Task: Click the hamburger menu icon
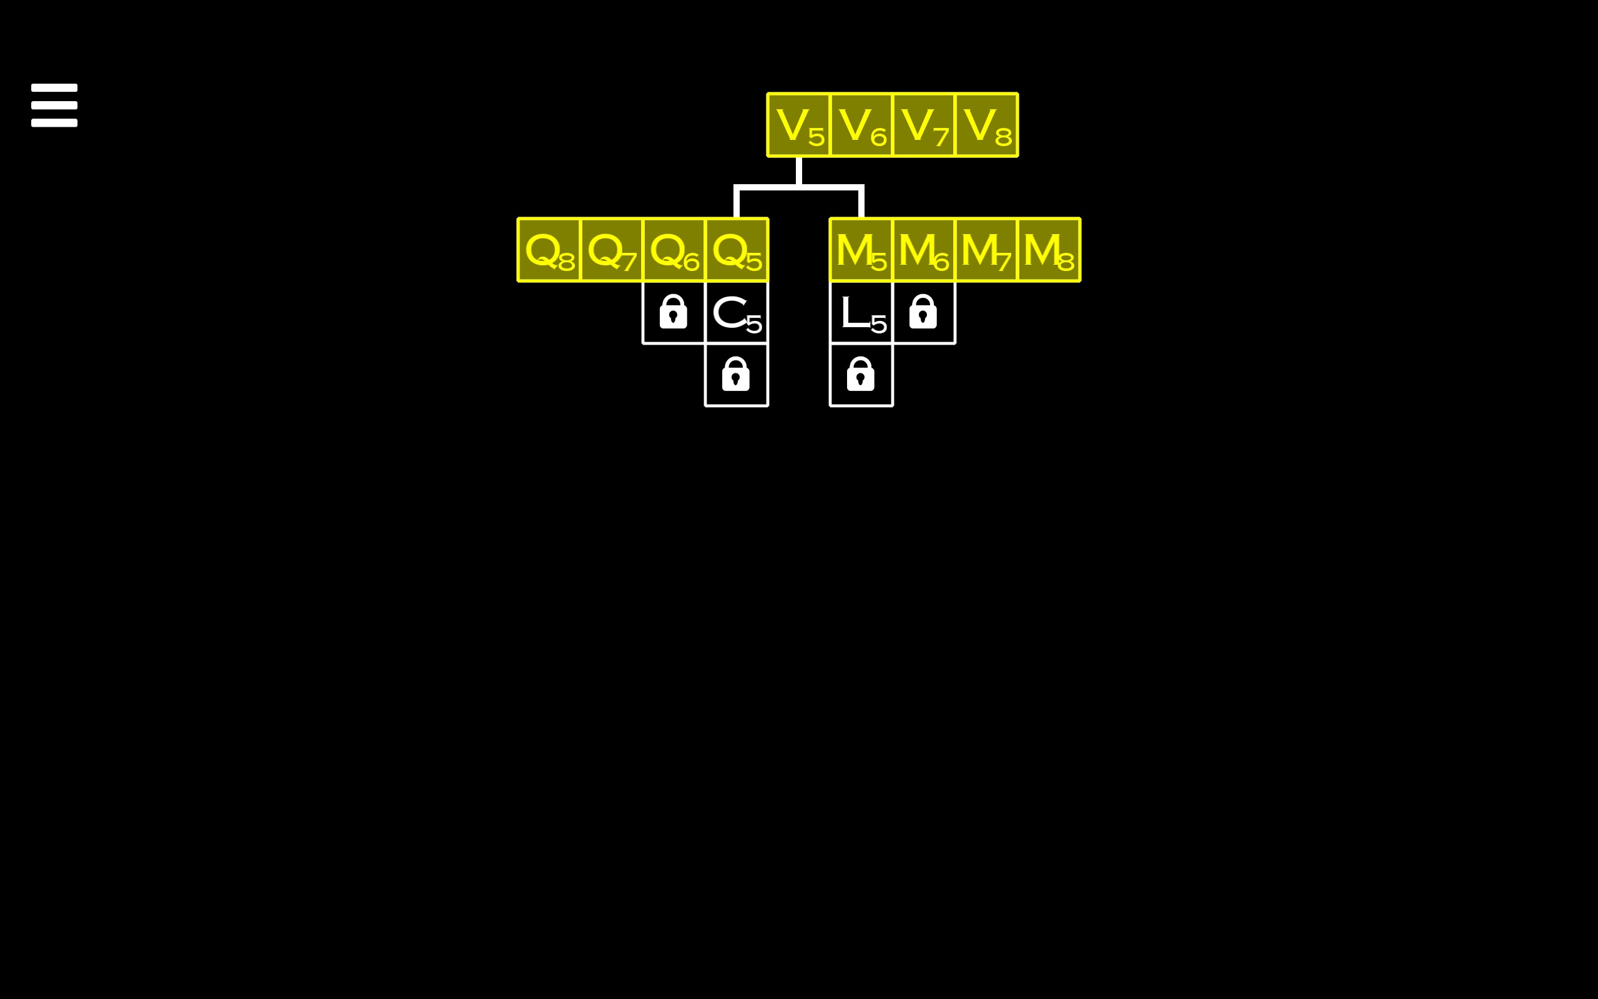coord(54,105)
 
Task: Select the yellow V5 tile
coord(798,125)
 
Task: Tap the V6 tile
coord(861,125)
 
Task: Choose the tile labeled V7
coord(923,125)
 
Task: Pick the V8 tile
coord(986,125)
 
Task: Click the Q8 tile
coord(549,250)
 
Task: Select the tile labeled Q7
coord(612,250)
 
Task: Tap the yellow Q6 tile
coord(674,250)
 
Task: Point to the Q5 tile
coord(737,250)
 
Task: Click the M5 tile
coord(861,250)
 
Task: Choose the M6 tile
coord(923,250)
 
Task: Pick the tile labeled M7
coord(986,250)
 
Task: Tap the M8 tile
coord(1049,250)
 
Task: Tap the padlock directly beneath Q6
coord(674,312)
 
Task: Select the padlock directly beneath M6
coord(923,312)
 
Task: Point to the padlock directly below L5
coord(860,375)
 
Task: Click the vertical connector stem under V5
coord(799,170)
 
